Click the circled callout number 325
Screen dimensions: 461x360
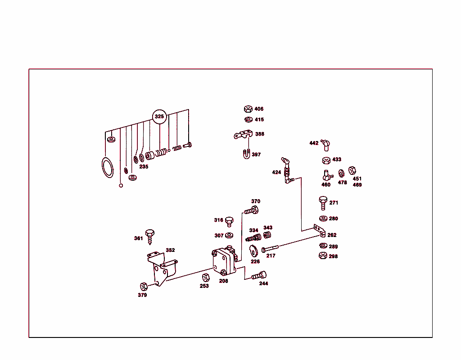tap(159, 116)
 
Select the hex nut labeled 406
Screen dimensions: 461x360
tap(248, 109)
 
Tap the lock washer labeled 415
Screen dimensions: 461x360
tap(249, 119)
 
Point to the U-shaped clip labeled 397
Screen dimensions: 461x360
tap(246, 154)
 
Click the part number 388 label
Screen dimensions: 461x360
tap(260, 134)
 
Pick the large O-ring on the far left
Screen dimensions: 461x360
tap(107, 168)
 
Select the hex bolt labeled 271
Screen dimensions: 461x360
tap(323, 203)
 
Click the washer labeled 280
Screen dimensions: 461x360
tap(323, 219)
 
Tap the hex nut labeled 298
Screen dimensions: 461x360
tap(323, 255)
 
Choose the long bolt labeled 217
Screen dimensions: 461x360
tap(270, 248)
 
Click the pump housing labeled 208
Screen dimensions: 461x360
tap(224, 261)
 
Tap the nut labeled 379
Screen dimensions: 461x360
tap(144, 287)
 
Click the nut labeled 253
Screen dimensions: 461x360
tap(206, 278)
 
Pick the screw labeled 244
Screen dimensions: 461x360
tap(259, 275)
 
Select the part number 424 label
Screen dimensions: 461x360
tap(276, 172)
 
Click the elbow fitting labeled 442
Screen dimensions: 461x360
tap(325, 145)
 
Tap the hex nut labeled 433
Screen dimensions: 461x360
tap(326, 160)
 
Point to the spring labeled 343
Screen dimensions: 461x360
tap(267, 235)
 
